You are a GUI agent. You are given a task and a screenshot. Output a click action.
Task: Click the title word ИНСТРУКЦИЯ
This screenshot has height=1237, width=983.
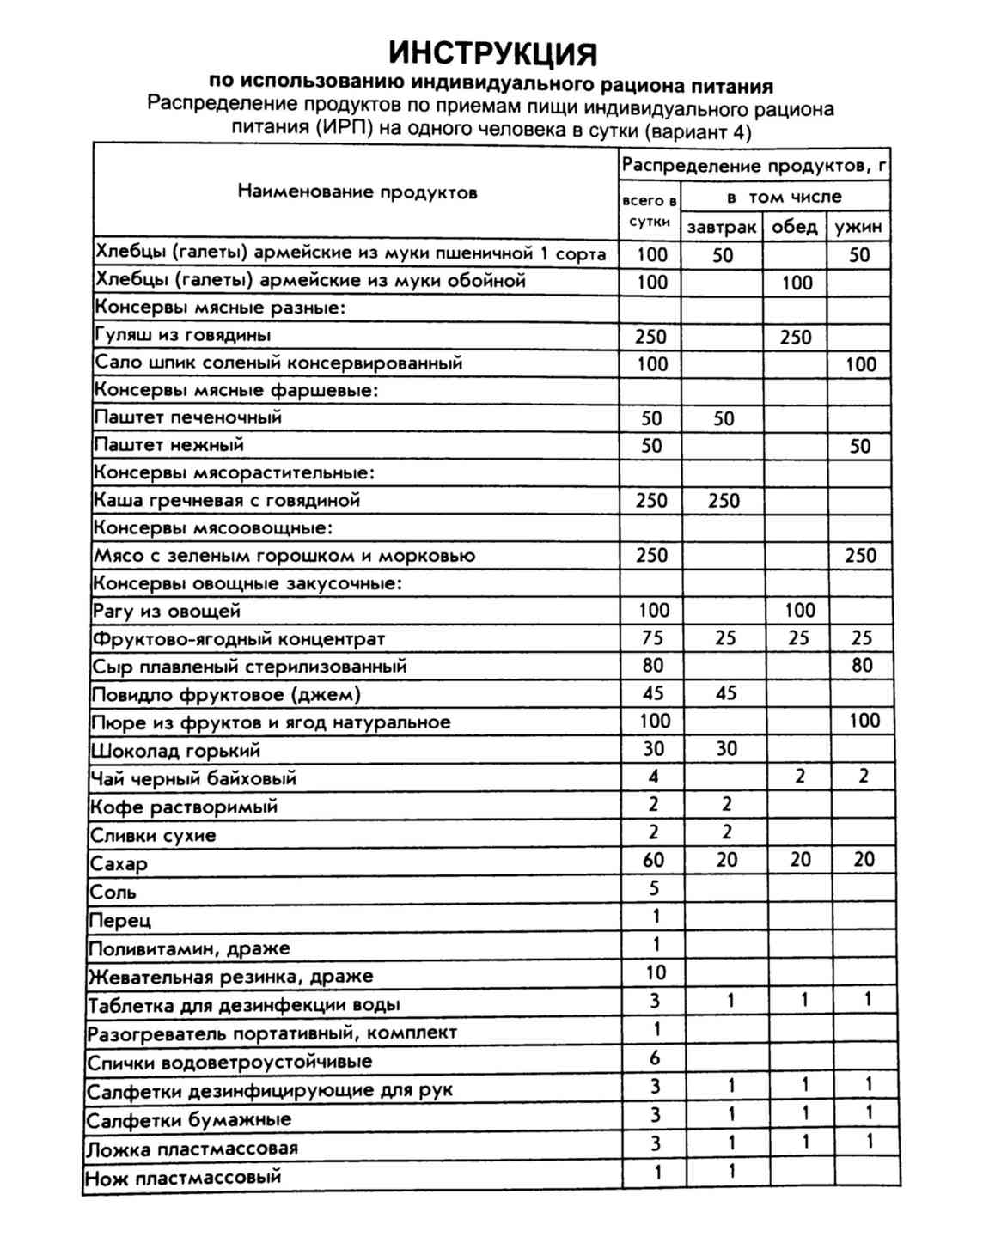[492, 53]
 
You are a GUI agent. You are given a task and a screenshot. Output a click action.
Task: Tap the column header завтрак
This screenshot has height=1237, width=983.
[722, 228]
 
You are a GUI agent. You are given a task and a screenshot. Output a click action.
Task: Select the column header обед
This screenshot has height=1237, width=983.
[794, 227]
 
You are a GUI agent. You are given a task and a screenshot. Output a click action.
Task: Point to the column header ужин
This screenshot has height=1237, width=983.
[858, 228]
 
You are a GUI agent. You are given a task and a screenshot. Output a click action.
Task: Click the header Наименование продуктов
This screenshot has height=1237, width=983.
[357, 192]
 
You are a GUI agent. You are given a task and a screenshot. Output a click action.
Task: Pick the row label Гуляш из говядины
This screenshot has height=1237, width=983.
[183, 335]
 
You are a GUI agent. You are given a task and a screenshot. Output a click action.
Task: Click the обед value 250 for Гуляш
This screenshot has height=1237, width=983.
[796, 338]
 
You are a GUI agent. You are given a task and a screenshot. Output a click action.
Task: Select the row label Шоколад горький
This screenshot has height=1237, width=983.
[175, 751]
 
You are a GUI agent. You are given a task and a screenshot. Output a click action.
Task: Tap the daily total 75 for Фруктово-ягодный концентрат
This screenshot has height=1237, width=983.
[652, 638]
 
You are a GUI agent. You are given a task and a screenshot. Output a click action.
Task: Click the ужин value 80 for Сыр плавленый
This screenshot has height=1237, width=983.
[862, 666]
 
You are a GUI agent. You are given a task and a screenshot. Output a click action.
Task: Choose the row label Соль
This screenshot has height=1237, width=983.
[113, 893]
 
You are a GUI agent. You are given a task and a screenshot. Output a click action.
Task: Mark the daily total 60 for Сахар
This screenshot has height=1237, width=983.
[653, 860]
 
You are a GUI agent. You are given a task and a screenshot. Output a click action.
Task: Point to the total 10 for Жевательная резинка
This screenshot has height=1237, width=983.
[656, 972]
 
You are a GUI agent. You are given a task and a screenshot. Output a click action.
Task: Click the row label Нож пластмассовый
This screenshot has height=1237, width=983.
[184, 1178]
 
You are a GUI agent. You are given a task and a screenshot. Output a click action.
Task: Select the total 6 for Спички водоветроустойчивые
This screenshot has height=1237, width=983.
[656, 1058]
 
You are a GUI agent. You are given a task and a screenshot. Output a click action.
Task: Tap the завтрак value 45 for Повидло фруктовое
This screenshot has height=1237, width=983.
[726, 693]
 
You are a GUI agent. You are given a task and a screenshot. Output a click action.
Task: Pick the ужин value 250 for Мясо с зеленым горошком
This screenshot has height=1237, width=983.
[860, 556]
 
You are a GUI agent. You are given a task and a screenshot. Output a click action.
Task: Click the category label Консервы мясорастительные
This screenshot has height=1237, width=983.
[234, 473]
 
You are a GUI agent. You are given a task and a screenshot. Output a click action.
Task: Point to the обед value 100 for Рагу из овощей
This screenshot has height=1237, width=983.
[799, 611]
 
